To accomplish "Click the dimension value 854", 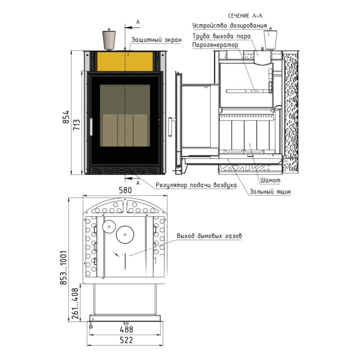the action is coord(66,117).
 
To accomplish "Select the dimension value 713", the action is coord(76,125).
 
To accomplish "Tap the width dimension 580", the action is coord(125,190).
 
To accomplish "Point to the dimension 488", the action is coord(126,329).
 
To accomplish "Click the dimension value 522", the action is coord(126,340).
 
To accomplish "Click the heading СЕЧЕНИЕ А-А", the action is coord(245,15).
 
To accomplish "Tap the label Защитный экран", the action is coord(156,40).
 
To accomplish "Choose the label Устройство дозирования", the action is coord(230,26).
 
